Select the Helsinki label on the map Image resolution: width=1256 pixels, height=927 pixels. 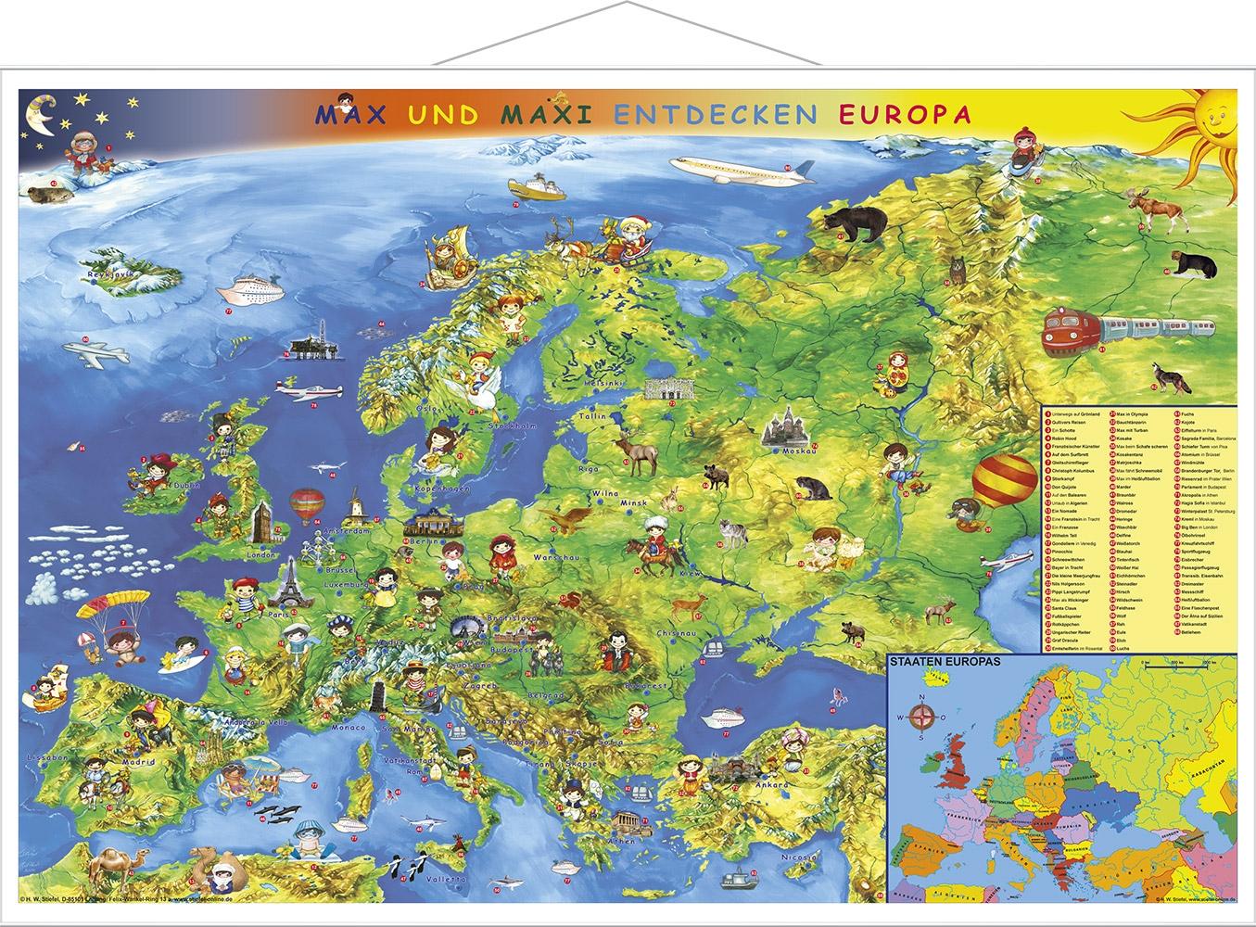coord(630,383)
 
